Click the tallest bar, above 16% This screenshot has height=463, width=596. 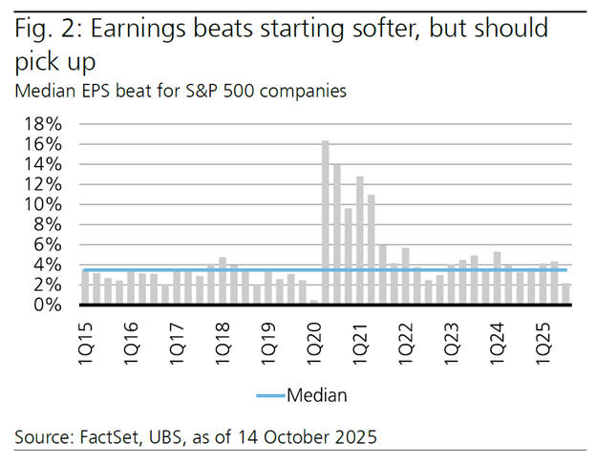[326, 221]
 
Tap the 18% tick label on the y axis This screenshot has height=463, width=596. [43, 124]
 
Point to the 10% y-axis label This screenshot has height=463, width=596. [43, 204]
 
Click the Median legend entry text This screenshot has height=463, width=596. [318, 393]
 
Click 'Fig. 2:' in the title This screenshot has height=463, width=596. [46, 29]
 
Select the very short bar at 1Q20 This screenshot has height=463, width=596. [314, 302]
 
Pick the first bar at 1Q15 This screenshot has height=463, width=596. [85, 287]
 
